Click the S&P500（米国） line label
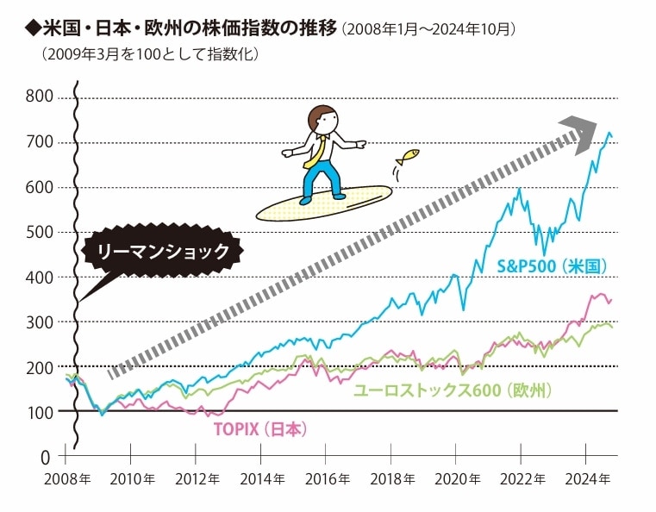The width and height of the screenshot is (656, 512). (x=553, y=268)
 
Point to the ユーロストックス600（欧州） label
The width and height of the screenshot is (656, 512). (x=453, y=390)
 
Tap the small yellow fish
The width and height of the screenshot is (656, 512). (x=408, y=157)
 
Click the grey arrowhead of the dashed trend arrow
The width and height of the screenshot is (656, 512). (x=578, y=131)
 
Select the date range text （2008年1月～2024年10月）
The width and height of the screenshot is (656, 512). (x=428, y=30)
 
